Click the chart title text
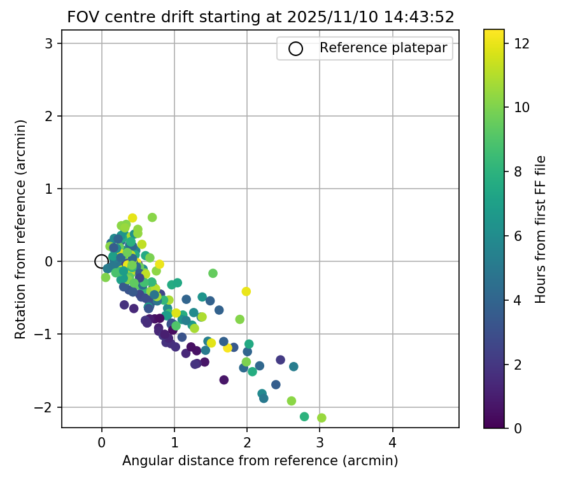point(260,17)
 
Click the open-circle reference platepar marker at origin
point(101,261)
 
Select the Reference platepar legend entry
point(365,48)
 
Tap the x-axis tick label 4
point(392,442)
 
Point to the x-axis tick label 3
point(320,442)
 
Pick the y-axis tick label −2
point(52,407)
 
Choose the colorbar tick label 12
point(522,43)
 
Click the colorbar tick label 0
point(519,428)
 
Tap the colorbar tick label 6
point(519,236)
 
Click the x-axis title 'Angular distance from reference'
point(260,461)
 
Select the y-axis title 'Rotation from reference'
point(21,228)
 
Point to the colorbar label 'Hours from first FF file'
point(541,228)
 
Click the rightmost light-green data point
point(322,418)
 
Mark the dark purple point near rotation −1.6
point(224,380)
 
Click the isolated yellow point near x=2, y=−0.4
point(246,291)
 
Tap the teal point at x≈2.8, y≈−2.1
point(304,417)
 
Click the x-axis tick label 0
point(102,442)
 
